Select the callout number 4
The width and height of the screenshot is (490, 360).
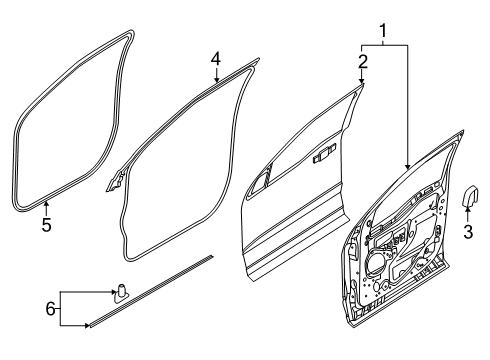point(215,58)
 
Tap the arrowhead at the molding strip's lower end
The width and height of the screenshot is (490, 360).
point(88,325)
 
